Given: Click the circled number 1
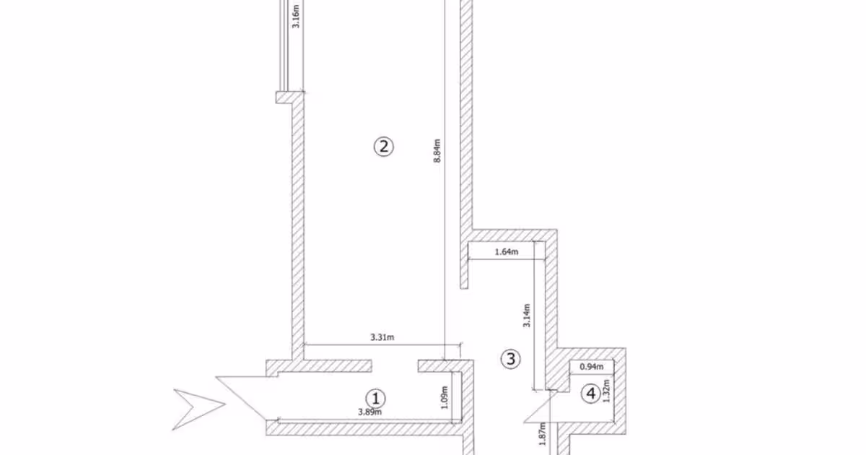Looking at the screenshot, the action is [375, 398].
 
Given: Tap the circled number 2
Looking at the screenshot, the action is [383, 147].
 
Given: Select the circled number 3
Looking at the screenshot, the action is [510, 359].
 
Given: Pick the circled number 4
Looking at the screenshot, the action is [591, 394].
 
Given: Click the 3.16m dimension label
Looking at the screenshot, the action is [296, 16].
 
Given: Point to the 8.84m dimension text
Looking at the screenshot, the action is [437, 151].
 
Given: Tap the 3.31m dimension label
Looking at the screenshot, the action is [382, 337].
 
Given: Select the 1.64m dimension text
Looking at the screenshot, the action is [507, 252].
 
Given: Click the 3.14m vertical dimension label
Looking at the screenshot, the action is [527, 316].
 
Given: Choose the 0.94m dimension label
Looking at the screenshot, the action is [592, 366].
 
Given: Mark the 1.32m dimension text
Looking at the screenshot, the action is [606, 391].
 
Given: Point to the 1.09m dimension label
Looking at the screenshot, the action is [445, 397].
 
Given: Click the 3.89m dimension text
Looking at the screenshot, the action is [369, 412].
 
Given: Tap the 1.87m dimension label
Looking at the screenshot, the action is [542, 434].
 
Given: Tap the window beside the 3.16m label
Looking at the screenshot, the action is [284, 45].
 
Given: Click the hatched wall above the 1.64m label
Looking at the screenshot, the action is [514, 235].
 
